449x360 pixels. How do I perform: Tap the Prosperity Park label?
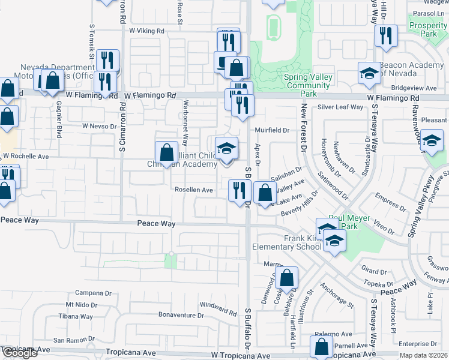click(x=429, y=29)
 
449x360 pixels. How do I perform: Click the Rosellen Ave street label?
click(x=193, y=190)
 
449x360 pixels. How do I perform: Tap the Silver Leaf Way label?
click(x=341, y=107)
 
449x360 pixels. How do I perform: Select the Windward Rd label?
click(x=218, y=309)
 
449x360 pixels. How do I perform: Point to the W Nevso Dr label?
click(x=99, y=126)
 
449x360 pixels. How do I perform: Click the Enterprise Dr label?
click(x=416, y=344)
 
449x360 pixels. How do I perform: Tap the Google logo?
click(x=20, y=353)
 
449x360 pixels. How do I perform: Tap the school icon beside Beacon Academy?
click(x=369, y=74)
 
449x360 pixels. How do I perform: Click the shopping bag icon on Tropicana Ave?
click(x=321, y=346)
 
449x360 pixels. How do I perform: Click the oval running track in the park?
click(x=274, y=26)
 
